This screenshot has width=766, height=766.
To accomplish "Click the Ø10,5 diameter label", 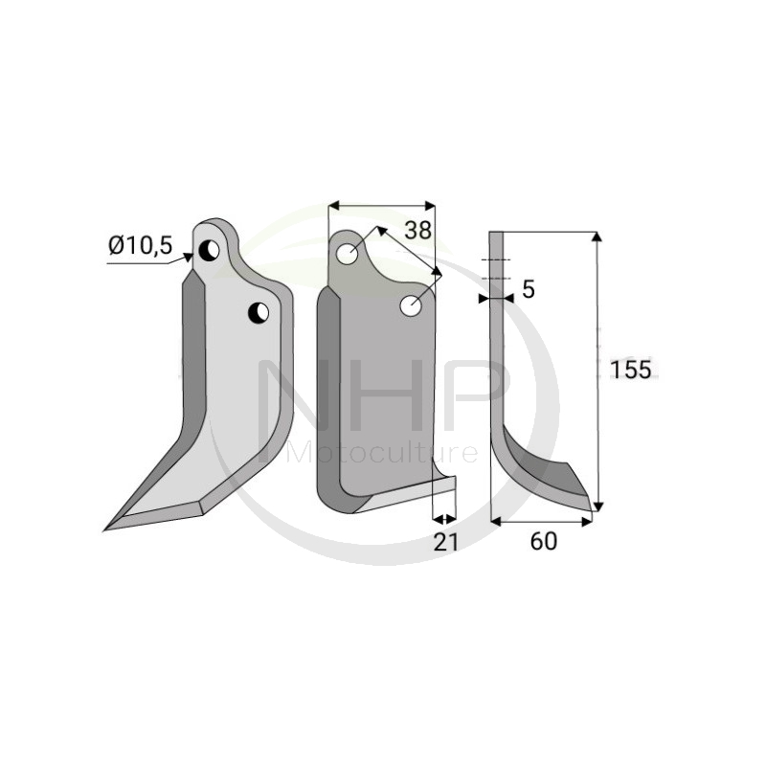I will click(x=140, y=246).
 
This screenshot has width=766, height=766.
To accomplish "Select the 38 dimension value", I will click(x=417, y=230).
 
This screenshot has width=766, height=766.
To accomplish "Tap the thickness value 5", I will click(x=528, y=290).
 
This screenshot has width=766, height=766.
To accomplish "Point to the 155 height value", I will click(x=631, y=371).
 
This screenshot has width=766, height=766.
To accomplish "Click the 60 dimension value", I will click(x=543, y=542).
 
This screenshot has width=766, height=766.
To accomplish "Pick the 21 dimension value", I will click(x=445, y=542).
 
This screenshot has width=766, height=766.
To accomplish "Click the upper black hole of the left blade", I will click(x=209, y=251).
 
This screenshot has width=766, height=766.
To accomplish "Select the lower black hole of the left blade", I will click(x=259, y=312).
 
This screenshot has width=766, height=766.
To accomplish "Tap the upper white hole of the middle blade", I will click(x=349, y=254).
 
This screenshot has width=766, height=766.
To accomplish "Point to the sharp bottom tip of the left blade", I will click(x=108, y=527).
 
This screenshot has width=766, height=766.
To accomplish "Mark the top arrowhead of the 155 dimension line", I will click(x=597, y=237).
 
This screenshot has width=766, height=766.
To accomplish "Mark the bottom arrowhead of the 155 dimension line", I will click(x=597, y=506).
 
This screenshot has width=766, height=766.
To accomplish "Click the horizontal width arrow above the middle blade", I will click(x=381, y=204).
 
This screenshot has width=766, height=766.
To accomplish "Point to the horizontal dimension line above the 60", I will click(x=541, y=521).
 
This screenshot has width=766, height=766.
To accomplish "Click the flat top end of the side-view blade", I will click(x=495, y=233).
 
